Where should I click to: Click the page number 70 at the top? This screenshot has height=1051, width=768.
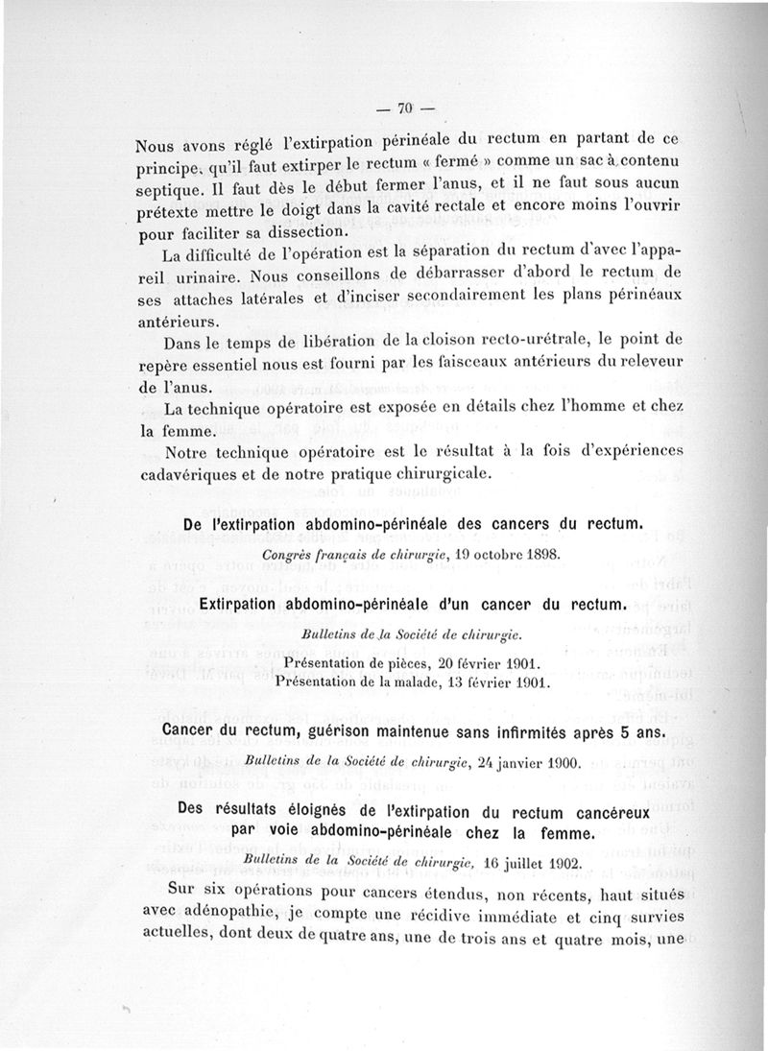pos(403,107)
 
